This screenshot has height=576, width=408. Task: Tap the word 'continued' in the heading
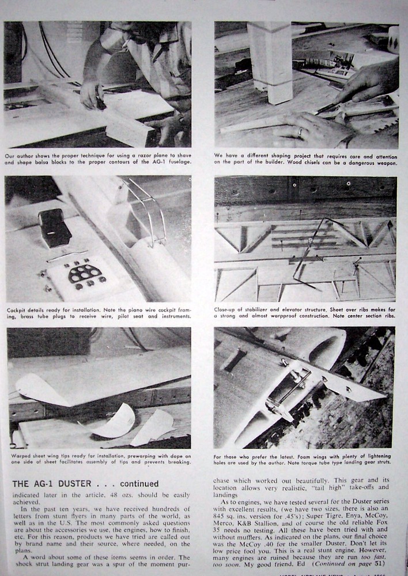point(138,484)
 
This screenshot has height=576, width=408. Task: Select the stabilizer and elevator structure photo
point(305,238)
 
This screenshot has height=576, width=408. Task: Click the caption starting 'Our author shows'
point(97,158)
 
